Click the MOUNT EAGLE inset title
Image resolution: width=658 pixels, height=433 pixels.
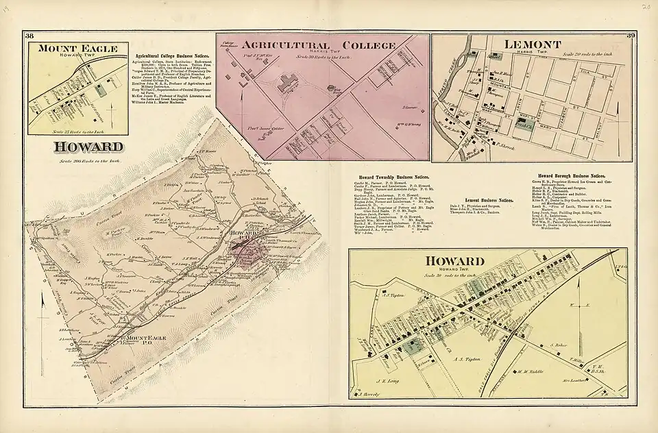77,49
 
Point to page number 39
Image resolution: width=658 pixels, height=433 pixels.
631,36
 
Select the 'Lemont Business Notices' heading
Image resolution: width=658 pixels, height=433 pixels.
489,200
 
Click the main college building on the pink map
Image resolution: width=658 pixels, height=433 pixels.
285,86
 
